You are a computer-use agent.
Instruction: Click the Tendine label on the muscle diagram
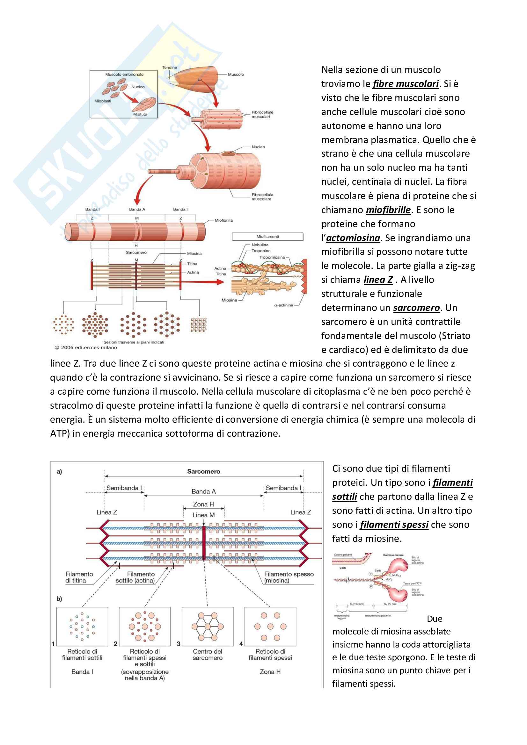(x=170, y=68)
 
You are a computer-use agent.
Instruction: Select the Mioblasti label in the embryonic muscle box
(x=103, y=101)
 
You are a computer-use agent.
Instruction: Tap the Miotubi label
(x=140, y=114)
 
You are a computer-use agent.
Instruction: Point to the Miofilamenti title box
(x=267, y=237)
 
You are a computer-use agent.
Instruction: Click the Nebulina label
(x=260, y=245)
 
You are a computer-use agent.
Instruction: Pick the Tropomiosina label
(x=272, y=257)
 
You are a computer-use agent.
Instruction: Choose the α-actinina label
(x=283, y=305)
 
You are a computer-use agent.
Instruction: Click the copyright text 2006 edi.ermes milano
(x=86, y=347)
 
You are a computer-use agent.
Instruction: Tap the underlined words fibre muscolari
(x=406, y=84)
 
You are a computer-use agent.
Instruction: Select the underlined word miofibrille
(x=388, y=210)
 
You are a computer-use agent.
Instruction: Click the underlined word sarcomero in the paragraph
(x=416, y=308)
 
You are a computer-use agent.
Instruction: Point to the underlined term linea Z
(x=378, y=280)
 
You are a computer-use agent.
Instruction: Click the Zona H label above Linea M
(x=203, y=504)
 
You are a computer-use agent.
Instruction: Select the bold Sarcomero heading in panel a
(x=204, y=471)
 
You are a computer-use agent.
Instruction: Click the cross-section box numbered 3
(x=208, y=626)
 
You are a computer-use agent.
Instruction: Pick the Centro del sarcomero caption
(x=208, y=655)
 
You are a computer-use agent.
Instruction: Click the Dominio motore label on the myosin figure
(x=393, y=555)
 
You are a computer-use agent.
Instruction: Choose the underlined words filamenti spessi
(x=394, y=525)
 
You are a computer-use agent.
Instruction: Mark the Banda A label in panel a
(x=204, y=491)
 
